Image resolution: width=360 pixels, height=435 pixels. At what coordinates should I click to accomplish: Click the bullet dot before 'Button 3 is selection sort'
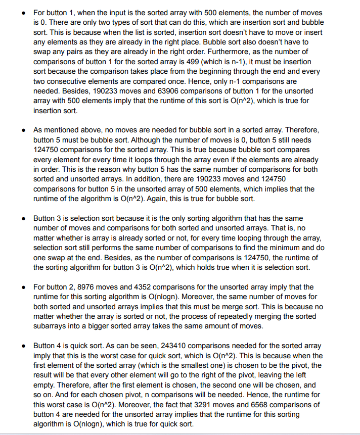pos(24,219)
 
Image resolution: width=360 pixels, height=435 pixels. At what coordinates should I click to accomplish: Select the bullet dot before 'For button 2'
pos(24,287)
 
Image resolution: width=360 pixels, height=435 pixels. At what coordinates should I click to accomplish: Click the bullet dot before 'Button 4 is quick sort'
pos(24,346)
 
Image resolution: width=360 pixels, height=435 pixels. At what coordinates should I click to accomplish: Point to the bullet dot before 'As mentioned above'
pos(24,130)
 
